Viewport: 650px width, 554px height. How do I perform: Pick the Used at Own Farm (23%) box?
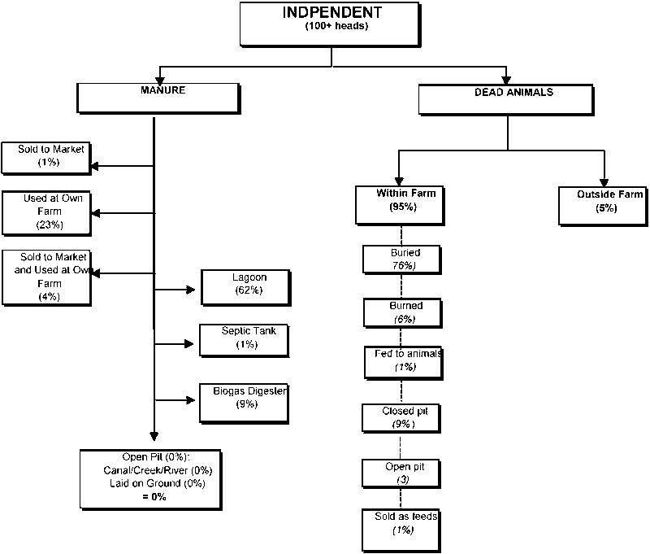pos(47,212)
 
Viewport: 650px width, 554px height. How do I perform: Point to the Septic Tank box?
pos(244,338)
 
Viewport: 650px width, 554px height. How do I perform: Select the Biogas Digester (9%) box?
pos(244,399)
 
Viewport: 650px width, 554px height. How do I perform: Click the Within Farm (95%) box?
pos(399,203)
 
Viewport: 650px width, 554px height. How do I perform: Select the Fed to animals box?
pos(404,360)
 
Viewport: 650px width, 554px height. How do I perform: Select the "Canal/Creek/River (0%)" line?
pos(157,470)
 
